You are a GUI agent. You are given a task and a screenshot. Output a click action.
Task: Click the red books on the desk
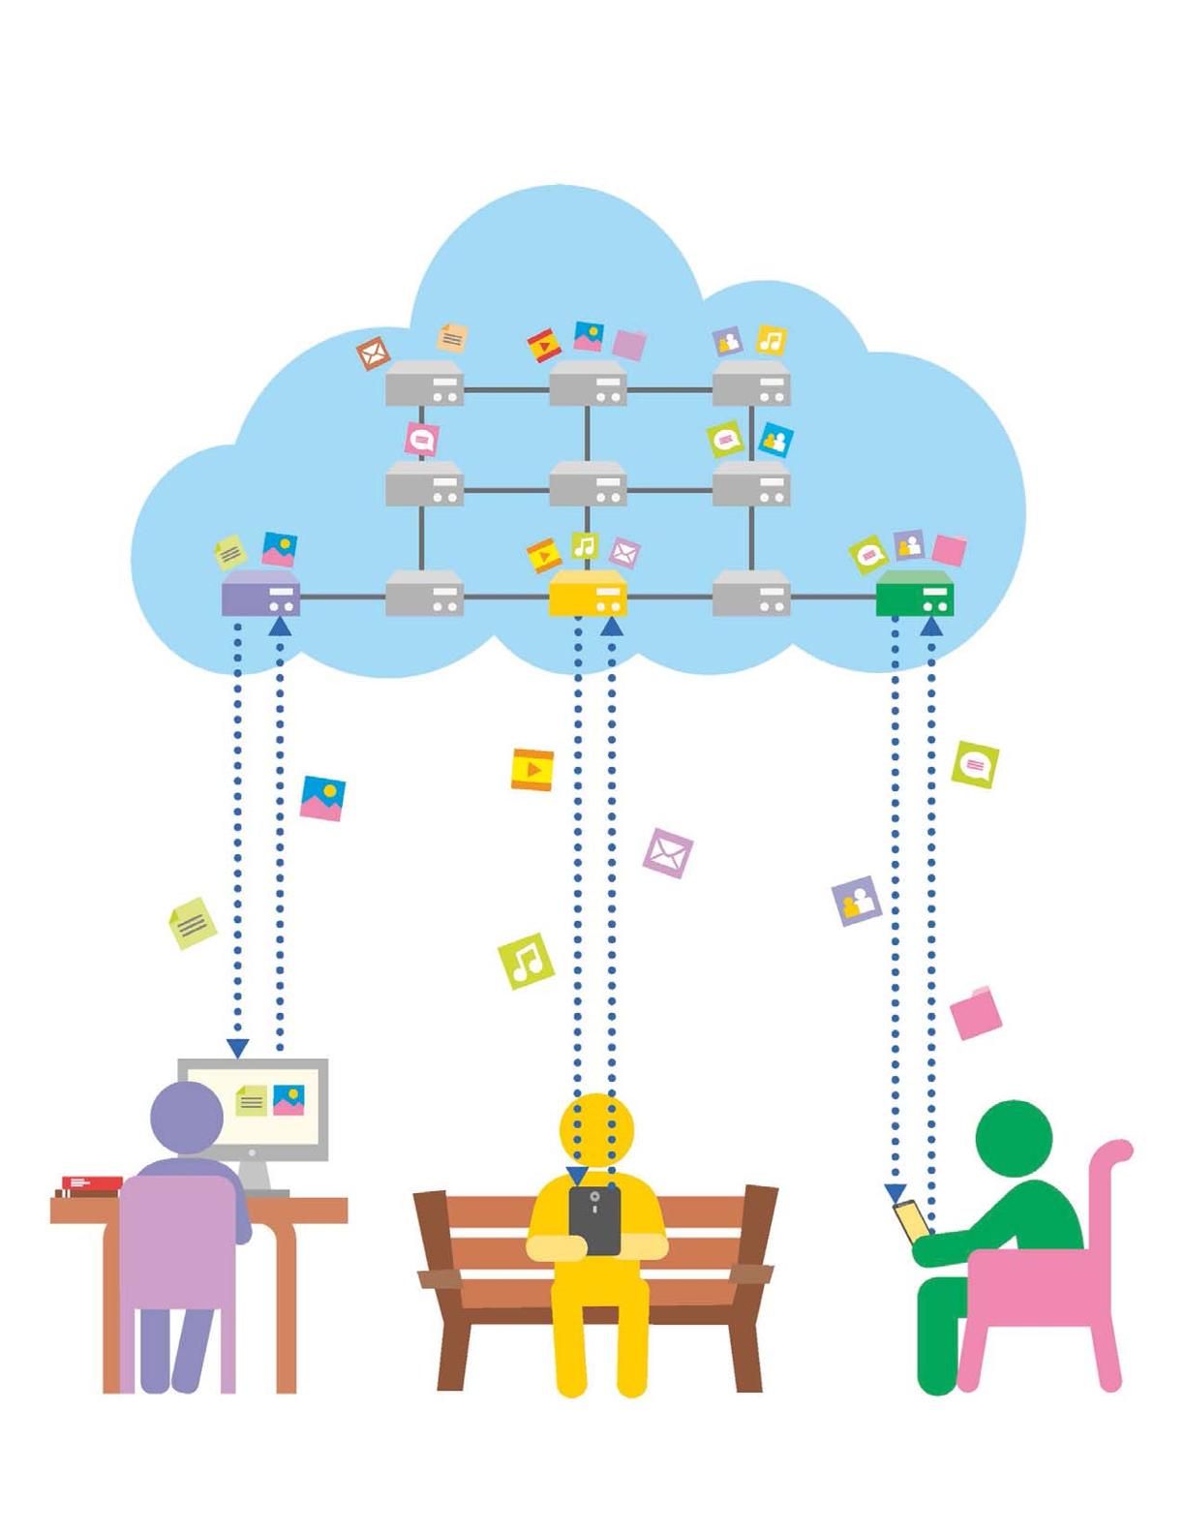tap(92, 1183)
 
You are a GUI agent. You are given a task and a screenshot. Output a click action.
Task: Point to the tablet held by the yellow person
tap(594, 1220)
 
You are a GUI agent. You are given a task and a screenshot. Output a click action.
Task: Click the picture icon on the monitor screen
tap(289, 1099)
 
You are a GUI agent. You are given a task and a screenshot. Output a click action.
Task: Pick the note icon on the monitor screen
tap(251, 1100)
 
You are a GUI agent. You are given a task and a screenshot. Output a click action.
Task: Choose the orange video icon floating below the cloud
tap(532, 770)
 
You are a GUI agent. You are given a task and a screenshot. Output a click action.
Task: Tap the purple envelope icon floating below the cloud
tap(668, 853)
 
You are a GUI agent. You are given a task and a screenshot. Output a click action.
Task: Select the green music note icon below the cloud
tap(526, 961)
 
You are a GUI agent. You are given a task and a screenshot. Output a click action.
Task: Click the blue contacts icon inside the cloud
tap(775, 440)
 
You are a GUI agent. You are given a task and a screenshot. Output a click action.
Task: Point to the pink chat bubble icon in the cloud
tap(421, 439)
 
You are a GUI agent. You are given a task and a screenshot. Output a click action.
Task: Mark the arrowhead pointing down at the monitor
tap(238, 1048)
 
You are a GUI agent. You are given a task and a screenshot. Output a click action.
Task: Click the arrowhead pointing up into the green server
tap(931, 628)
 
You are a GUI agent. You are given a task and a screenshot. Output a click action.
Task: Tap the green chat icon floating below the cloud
tap(975, 765)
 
